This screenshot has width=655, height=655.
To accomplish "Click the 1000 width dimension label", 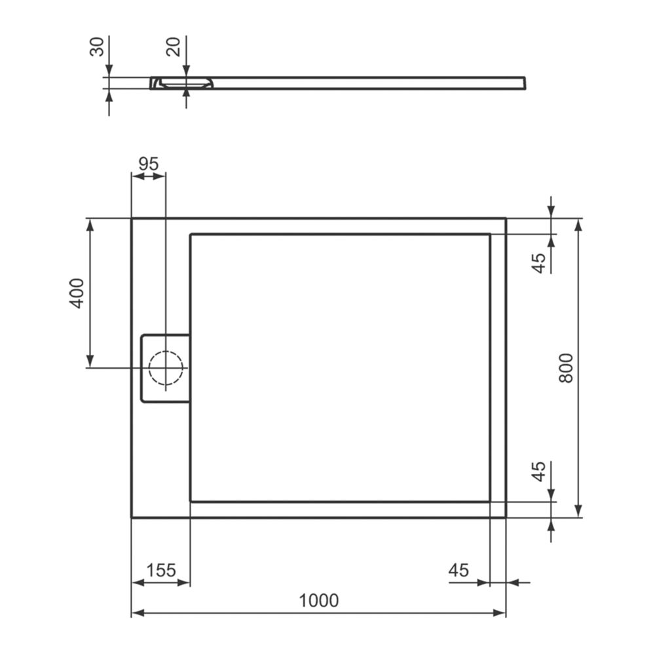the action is tap(319, 601).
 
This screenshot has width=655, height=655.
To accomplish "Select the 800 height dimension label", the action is tap(566, 368).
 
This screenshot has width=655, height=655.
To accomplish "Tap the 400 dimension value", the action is tap(77, 293).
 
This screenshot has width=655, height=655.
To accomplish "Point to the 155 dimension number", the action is tap(161, 571).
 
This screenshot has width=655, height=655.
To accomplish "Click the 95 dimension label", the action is tap(149, 164).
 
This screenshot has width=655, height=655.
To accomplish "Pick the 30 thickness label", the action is tap(97, 47).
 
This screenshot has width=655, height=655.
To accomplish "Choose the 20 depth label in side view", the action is tap(173, 47).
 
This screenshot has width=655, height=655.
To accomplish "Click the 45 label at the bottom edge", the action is tap(458, 571).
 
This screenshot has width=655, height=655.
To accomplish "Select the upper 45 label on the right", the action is tap(539, 263).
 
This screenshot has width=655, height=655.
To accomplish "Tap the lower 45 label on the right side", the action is tap(539, 471).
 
